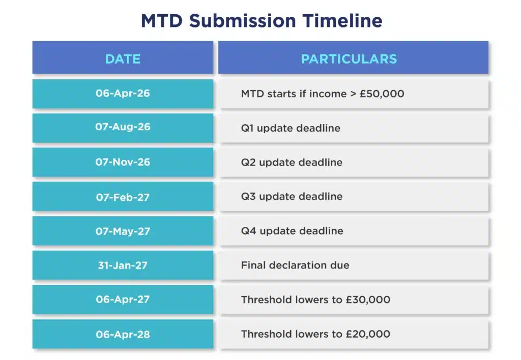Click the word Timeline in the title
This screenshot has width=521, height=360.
(x=342, y=20)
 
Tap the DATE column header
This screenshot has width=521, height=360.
(x=123, y=57)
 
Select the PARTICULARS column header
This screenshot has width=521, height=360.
(x=353, y=57)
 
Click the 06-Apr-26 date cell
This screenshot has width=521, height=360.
(x=123, y=94)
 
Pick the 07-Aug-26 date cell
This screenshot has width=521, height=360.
(x=123, y=128)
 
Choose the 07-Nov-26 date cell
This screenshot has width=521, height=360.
(x=123, y=162)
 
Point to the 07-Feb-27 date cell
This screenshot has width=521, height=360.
(x=123, y=196)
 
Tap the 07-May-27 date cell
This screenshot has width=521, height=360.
(x=123, y=231)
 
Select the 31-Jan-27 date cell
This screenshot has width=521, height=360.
(x=123, y=265)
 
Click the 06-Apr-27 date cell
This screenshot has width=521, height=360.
(x=123, y=299)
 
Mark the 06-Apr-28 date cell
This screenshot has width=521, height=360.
(x=123, y=334)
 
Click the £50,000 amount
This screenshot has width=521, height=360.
(x=382, y=94)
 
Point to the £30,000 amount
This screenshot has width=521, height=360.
(x=368, y=300)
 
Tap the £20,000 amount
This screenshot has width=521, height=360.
(x=368, y=334)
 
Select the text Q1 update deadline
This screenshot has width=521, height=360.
(x=291, y=128)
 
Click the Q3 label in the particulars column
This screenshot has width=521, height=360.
(x=248, y=197)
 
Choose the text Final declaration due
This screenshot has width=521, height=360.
(x=295, y=265)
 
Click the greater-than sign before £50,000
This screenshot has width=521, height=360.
(x=353, y=94)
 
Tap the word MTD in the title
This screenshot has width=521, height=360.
(x=162, y=20)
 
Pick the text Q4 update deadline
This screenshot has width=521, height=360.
(x=292, y=231)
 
